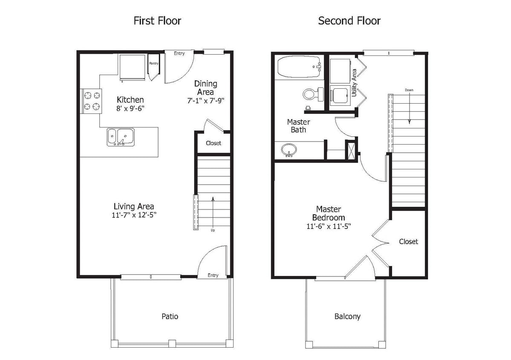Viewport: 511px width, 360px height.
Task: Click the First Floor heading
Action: [x=157, y=20]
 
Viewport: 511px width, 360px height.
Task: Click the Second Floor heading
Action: [x=349, y=20]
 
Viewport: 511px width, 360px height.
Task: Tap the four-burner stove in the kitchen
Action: [x=92, y=101]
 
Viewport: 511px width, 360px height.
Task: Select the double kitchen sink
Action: [x=120, y=136]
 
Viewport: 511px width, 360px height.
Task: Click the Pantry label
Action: [x=153, y=64]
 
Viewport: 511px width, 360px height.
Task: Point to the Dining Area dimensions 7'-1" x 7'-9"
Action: [x=206, y=101]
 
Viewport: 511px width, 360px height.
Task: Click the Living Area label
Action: [x=134, y=206]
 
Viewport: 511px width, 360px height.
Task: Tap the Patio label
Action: [x=170, y=316]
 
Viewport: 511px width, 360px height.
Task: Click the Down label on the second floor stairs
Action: [x=409, y=90]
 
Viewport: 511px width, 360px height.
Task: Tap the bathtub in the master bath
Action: [x=298, y=67]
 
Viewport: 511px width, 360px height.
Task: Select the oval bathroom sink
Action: [x=290, y=150]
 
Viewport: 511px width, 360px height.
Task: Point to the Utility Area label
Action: [x=354, y=83]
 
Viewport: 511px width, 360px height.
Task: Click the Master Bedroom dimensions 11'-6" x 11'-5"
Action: [x=328, y=226]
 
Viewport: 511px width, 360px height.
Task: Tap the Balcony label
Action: [x=347, y=316]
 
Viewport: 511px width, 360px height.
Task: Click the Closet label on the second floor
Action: [x=408, y=241]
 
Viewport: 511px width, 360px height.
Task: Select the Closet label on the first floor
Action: [x=213, y=143]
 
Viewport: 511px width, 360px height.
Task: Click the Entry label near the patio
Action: [x=213, y=275]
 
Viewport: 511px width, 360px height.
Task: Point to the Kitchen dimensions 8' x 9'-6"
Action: [x=130, y=108]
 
